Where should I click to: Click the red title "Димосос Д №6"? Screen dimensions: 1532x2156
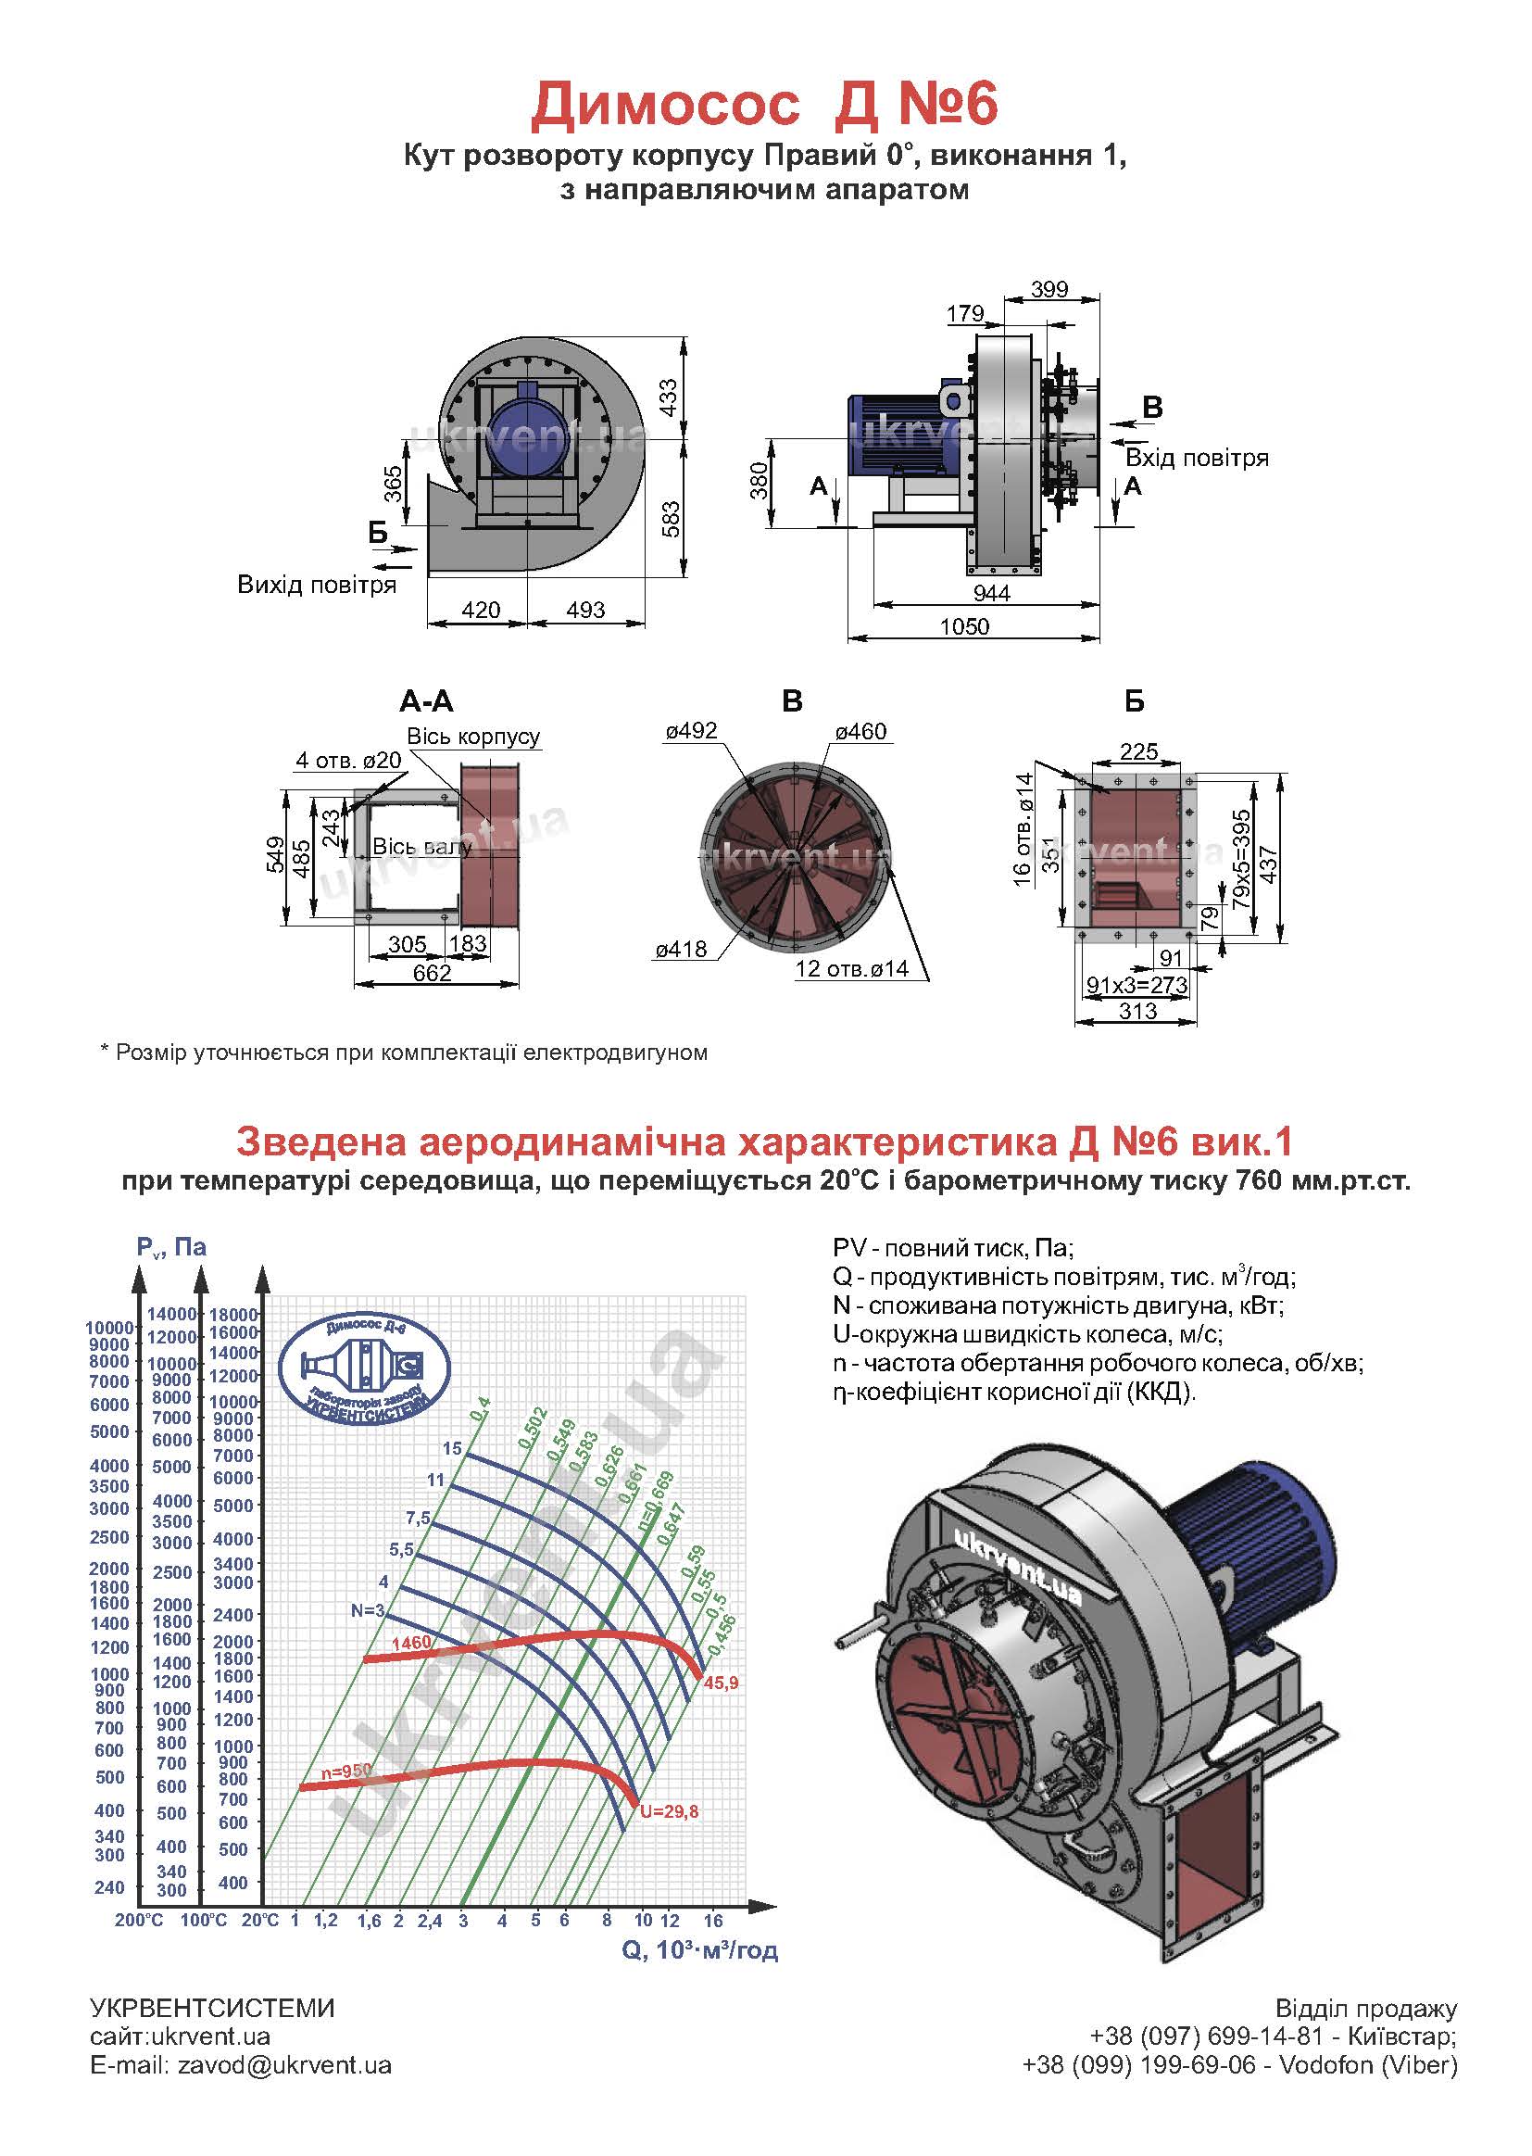[x=764, y=104]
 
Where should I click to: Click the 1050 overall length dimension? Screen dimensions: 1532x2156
[x=964, y=626]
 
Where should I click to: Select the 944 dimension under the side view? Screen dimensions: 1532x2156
[x=991, y=593]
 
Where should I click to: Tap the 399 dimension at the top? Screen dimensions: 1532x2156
[x=1049, y=289]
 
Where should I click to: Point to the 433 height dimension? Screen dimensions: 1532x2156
[x=668, y=397]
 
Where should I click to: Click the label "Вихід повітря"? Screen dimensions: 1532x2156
[x=317, y=584]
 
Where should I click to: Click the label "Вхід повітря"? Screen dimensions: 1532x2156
[x=1197, y=458]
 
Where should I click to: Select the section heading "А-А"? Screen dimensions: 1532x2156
[x=426, y=700]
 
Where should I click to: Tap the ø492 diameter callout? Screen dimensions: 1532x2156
[x=692, y=730]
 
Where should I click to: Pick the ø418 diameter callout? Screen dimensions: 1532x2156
[x=681, y=949]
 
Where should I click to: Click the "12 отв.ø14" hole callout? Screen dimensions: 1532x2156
[x=852, y=968]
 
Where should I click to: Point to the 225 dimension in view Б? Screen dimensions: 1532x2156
[x=1138, y=751]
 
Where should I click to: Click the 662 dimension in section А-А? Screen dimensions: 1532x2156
[x=432, y=973]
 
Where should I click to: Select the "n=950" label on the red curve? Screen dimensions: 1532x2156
[x=346, y=1771]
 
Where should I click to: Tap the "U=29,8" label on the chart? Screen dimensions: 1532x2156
[x=669, y=1810]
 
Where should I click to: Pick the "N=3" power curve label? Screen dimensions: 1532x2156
[x=368, y=1610]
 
